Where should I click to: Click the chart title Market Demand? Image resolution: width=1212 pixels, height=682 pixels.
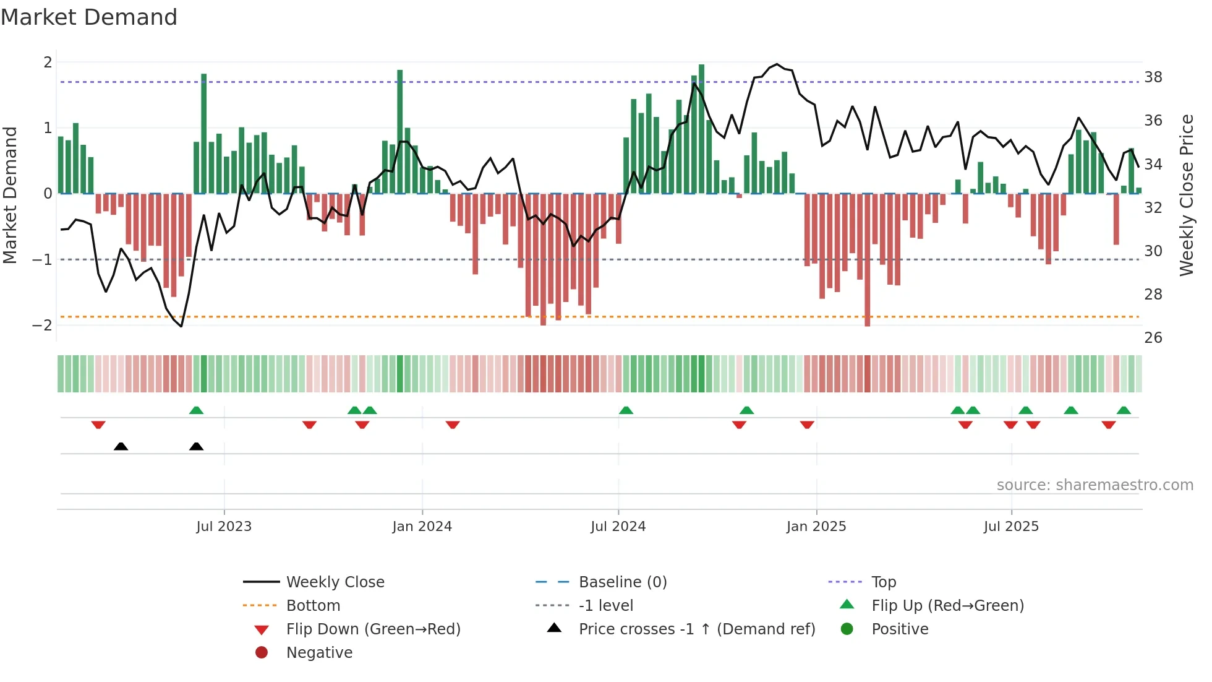coord(89,17)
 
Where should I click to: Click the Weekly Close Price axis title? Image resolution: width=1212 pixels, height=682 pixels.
coord(1186,195)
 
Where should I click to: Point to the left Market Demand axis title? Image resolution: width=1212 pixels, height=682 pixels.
coord(10,195)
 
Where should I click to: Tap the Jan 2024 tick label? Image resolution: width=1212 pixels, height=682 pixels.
coord(422,527)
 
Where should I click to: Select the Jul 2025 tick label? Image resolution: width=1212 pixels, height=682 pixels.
coord(1011,527)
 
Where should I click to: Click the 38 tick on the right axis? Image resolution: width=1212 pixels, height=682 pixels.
coord(1153,77)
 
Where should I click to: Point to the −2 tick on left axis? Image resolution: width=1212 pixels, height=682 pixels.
coord(42,326)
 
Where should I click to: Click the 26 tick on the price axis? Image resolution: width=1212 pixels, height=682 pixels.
coord(1153,338)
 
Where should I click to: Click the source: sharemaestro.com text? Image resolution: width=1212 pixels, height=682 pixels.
coord(1095,485)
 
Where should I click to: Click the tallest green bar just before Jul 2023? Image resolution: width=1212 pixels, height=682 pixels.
coord(204,133)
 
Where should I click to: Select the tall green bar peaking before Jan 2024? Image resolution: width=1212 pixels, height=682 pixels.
coord(400,131)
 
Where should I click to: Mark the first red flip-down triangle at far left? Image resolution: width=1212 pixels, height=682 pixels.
coord(98,425)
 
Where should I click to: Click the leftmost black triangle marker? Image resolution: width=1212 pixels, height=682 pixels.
coord(121,446)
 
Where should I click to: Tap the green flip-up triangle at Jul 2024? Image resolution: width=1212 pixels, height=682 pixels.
coord(626,410)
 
